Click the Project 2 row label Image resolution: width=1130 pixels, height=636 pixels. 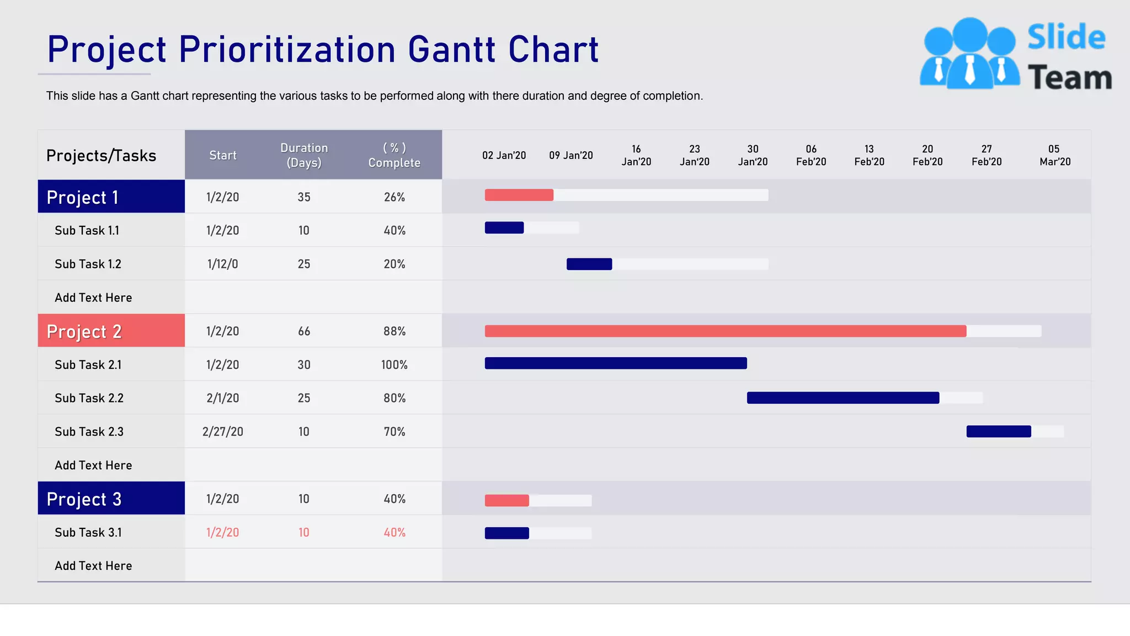tap(84, 331)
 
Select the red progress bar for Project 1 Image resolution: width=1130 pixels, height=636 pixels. tap(519, 195)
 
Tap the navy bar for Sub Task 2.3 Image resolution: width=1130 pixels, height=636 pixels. tap(998, 431)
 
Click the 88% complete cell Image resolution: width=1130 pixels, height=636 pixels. tap(394, 331)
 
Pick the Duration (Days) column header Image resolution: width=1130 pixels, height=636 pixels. tap(304, 155)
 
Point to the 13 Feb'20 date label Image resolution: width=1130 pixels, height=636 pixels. tap(869, 155)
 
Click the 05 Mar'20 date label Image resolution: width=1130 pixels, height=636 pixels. tap(1054, 155)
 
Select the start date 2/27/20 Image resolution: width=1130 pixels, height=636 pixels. tap(222, 432)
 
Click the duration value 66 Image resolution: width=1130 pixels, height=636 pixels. tap(304, 331)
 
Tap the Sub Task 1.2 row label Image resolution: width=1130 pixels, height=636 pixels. tap(88, 264)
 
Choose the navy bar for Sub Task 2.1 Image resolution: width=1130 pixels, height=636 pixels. tap(615, 363)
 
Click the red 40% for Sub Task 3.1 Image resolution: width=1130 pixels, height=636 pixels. tap(394, 533)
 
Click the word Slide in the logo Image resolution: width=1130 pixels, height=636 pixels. tap(1066, 38)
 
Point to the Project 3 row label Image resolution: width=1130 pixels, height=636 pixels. tap(84, 499)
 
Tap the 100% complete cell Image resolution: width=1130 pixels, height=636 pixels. tap(394, 365)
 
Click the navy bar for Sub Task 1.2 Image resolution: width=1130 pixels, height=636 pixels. tap(589, 264)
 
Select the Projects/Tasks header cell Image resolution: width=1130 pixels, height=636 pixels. tap(101, 156)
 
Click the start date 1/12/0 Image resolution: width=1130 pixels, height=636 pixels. tap(222, 264)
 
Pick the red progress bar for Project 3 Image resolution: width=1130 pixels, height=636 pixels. tap(507, 500)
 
